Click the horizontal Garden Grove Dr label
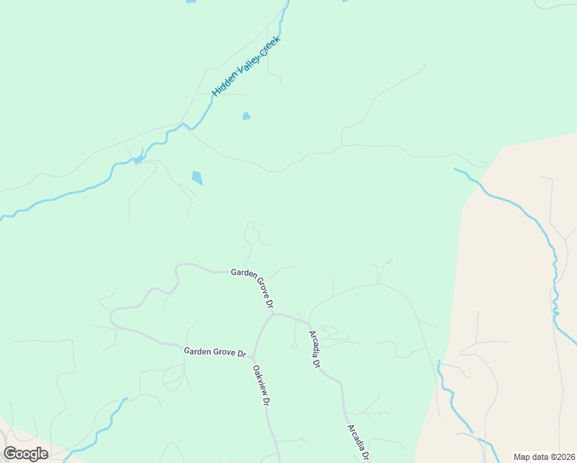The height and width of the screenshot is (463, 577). pyautogui.click(x=214, y=352)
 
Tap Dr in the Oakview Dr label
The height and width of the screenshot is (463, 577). pyautogui.click(x=267, y=400)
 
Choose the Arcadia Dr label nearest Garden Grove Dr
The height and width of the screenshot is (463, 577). pyautogui.click(x=314, y=349)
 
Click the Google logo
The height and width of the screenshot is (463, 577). pyautogui.click(x=25, y=454)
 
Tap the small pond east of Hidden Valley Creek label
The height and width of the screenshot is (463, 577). pyautogui.click(x=246, y=117)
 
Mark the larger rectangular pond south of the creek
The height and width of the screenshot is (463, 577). pyautogui.click(x=197, y=177)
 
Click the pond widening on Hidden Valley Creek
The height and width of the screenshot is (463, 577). pyautogui.click(x=137, y=160)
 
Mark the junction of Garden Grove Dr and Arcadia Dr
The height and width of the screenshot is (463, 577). pyautogui.click(x=309, y=322)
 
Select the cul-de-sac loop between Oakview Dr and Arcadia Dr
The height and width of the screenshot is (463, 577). pyautogui.click(x=294, y=346)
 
